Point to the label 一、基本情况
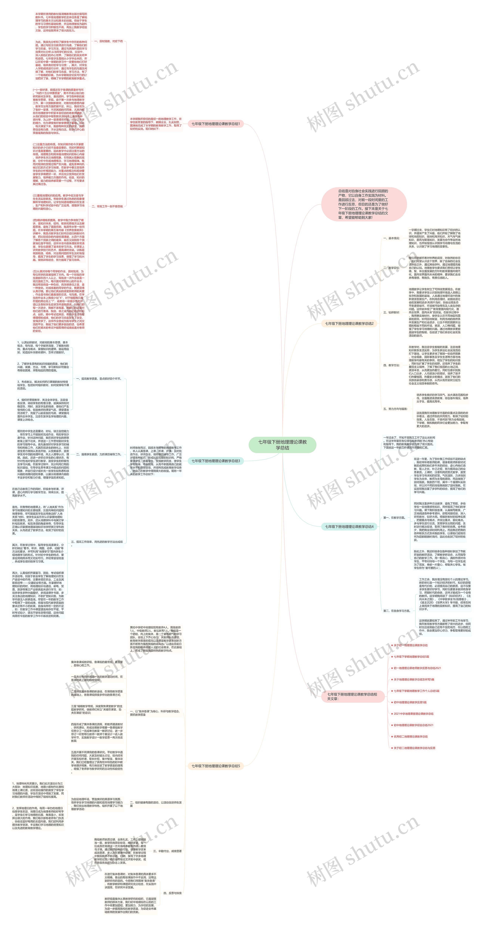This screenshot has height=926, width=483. coord(391,238)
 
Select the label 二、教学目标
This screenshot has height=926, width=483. coord(391,268)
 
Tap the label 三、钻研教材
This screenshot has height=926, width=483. coord(391,312)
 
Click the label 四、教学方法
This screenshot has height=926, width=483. coord(391,365)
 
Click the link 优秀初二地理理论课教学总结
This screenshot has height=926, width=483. coord(410,737)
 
